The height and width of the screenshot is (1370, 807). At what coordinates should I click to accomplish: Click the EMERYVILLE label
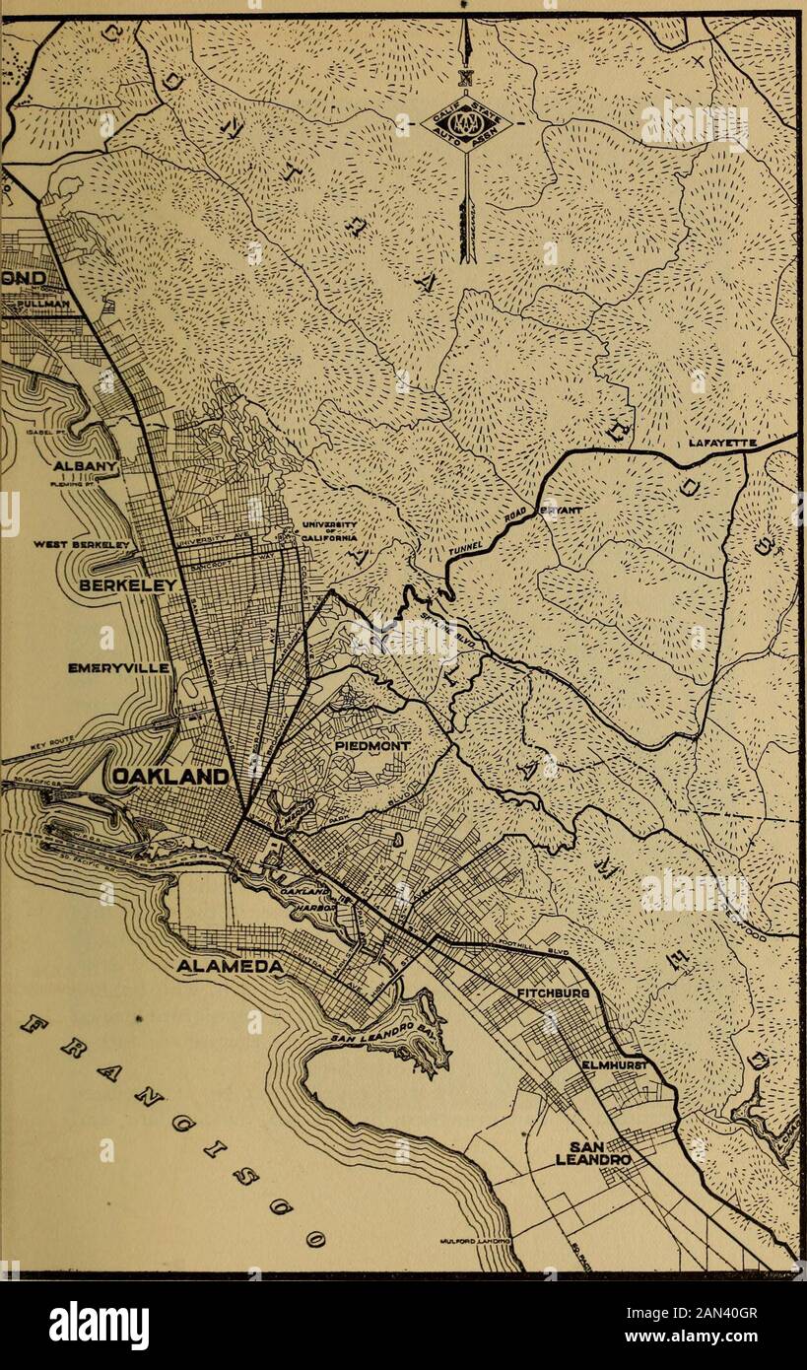click(x=120, y=668)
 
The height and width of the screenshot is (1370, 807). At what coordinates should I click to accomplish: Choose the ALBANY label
click(x=87, y=464)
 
